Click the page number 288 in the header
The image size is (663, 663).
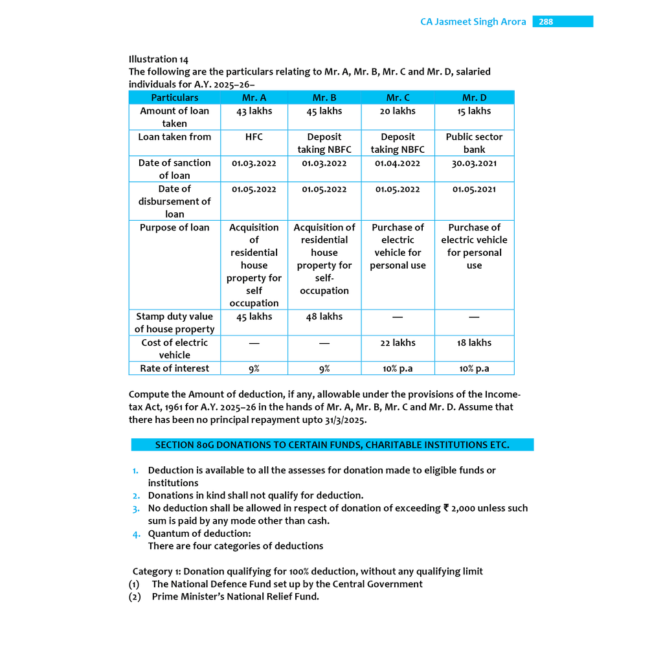tap(546, 22)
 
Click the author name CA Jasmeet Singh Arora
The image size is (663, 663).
tap(473, 22)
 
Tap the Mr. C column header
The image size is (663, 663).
tap(398, 98)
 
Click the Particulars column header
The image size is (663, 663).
tap(175, 98)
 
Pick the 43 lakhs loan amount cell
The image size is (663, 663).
tap(254, 111)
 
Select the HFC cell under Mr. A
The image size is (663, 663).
tap(254, 137)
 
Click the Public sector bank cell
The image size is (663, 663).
tap(474, 143)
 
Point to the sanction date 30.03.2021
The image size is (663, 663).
tap(474, 163)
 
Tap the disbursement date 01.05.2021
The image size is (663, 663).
tap(474, 189)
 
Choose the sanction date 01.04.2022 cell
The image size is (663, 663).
tap(398, 163)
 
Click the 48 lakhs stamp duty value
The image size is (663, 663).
tap(324, 317)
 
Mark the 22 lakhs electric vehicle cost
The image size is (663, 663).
tap(398, 343)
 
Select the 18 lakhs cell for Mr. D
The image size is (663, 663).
tap(474, 343)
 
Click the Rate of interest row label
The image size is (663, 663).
tap(175, 368)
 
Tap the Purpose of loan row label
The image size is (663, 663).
tap(175, 227)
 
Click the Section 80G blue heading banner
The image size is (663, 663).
tap(332, 445)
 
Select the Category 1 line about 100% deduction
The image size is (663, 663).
tap(308, 571)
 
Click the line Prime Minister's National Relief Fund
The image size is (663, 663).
tap(236, 596)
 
